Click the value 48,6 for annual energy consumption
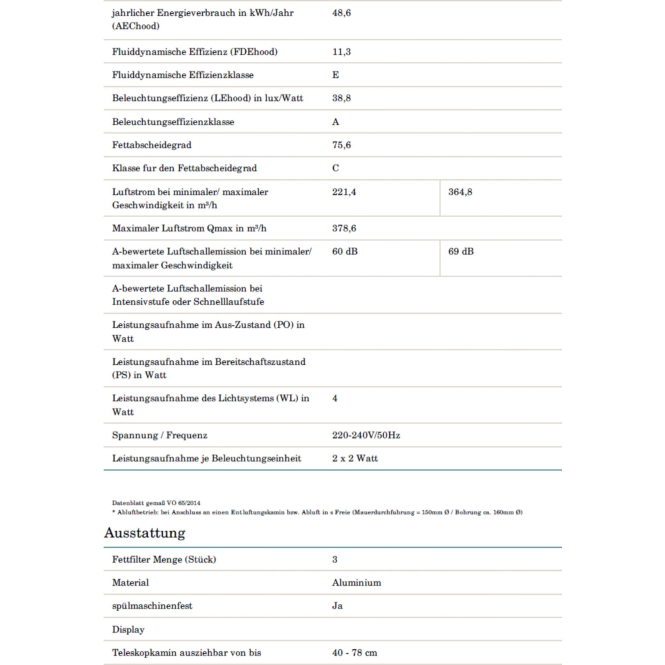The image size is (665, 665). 341,13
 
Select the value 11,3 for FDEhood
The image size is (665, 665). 341,52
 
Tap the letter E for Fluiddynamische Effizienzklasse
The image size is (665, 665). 335,75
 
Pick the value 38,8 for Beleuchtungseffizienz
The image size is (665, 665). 341,98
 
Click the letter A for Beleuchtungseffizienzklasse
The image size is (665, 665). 335,122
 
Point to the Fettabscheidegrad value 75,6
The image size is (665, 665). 341,145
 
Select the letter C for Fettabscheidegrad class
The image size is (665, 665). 335,168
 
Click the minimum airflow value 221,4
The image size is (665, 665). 344,192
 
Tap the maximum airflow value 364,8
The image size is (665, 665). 460,192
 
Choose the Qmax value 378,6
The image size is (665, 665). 344,229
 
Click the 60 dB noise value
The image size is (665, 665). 345,251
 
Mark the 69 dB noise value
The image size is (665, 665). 461,251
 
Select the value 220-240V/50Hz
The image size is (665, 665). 366,435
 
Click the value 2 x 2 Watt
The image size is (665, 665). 355,458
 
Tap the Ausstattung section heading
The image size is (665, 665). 145,533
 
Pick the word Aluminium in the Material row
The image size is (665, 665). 356,582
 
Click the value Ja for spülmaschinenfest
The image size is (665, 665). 337,606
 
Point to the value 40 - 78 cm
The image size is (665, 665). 355,653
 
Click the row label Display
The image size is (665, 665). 128,630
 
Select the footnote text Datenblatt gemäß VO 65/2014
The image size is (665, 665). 156,503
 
